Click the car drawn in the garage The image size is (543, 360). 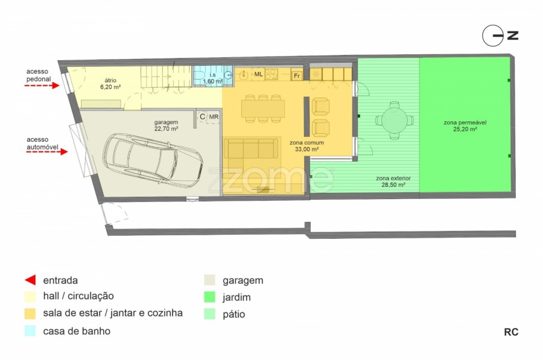point(153,160)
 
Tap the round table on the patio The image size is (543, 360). point(394,121)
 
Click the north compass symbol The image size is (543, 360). point(493,36)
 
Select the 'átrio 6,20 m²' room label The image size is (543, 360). point(110,83)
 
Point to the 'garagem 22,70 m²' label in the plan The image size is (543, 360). point(167,125)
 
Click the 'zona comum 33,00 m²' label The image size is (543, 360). point(306,146)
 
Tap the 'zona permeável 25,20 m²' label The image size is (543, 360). point(465,125)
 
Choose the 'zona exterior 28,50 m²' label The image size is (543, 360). point(393,182)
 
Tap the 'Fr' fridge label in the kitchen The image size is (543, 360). point(297,76)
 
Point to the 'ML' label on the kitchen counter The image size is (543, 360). point(258,74)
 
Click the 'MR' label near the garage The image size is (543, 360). point(214,116)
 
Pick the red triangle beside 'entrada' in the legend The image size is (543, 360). point(31,280)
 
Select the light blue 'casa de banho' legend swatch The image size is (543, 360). point(30,330)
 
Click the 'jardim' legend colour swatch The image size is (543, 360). point(209,297)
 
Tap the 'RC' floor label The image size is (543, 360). point(511,332)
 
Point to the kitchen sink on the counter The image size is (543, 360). point(244,74)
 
